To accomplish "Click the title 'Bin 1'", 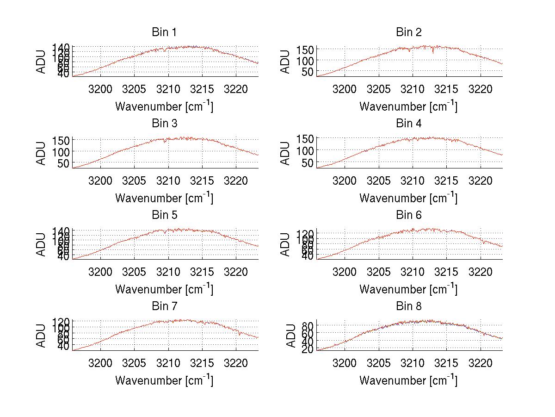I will [164, 32].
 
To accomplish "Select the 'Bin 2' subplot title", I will [409, 32].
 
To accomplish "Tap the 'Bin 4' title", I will [409, 124].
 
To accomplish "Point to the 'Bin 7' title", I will [164, 306].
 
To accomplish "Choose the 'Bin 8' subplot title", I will [409, 306].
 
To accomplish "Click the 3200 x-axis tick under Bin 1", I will [100, 89].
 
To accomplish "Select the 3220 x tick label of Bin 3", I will [236, 180].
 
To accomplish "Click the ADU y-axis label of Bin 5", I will [41, 244].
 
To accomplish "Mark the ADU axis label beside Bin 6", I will [285, 244].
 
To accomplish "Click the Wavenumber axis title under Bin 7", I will [164, 380].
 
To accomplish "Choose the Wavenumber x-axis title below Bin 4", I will [408, 198].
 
